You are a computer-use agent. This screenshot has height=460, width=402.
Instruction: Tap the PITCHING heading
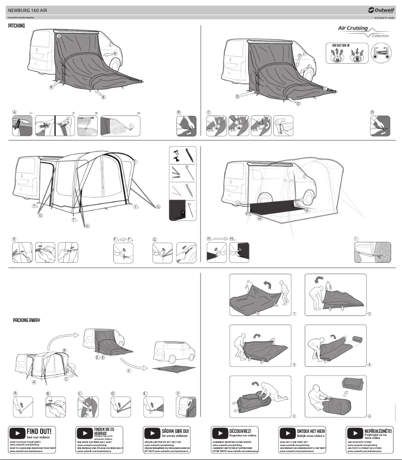pyautogui.click(x=17, y=25)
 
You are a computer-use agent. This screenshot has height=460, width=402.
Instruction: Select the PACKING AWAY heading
pyautogui.click(x=27, y=320)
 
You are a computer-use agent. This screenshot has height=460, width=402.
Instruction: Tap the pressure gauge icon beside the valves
pyautogui.click(x=380, y=54)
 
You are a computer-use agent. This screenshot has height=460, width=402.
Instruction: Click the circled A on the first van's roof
pyautogui.click(x=59, y=37)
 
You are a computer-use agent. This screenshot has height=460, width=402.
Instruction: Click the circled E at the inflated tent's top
pyautogui.click(x=135, y=162)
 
